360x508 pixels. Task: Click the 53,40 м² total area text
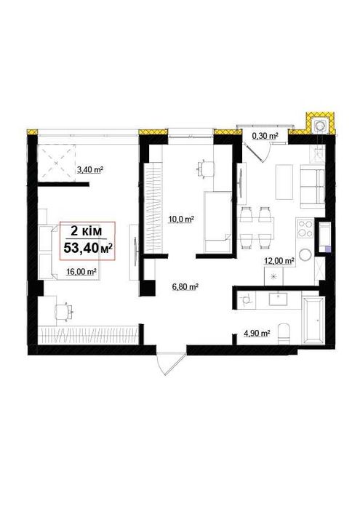point(88,248)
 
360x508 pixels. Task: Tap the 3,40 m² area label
point(89,169)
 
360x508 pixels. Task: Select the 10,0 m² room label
point(181,219)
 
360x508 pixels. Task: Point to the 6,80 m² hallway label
point(185,286)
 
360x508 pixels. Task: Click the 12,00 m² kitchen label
point(279,261)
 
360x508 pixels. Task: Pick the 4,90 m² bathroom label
point(257,333)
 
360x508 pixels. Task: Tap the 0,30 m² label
point(265,136)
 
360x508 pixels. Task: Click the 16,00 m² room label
point(81,272)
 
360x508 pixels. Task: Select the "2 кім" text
point(87,231)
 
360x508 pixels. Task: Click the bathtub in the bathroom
point(313,320)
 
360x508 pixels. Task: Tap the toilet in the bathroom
point(284,334)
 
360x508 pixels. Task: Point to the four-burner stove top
point(305,229)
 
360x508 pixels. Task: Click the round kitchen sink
point(305,255)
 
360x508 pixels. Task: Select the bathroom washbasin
point(278,299)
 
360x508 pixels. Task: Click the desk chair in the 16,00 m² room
point(64,312)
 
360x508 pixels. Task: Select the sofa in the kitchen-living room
point(312,187)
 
